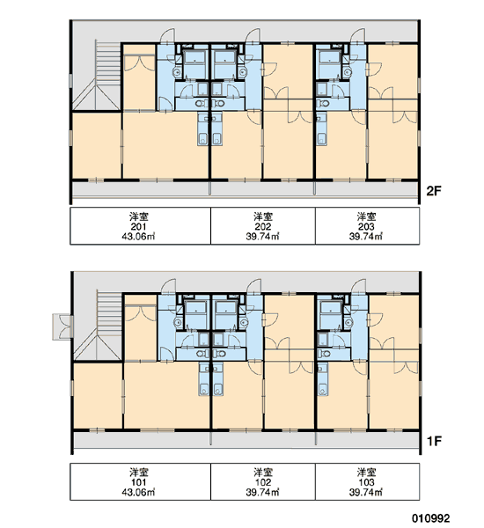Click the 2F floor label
click(x=434, y=191)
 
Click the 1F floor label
click(x=434, y=441)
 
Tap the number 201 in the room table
click(x=138, y=227)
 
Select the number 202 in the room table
click(x=263, y=227)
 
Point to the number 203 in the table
click(x=366, y=227)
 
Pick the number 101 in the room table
click(x=138, y=482)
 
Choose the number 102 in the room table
click(x=263, y=482)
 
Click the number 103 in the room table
click(x=366, y=482)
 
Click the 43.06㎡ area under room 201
click(x=138, y=237)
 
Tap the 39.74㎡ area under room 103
click(x=366, y=492)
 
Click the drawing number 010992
click(x=431, y=518)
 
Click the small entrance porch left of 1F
click(x=62, y=326)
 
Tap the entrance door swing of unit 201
click(x=167, y=36)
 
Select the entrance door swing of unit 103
click(x=359, y=286)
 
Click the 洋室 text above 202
click(x=263, y=216)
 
